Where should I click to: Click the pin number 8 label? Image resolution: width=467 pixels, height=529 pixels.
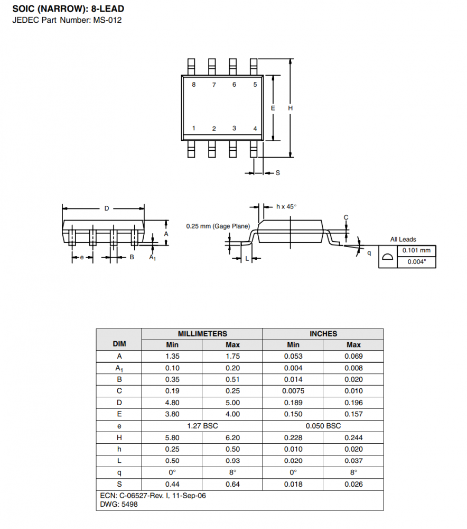tap(194, 84)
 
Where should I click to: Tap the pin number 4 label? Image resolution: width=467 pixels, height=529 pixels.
tap(255, 129)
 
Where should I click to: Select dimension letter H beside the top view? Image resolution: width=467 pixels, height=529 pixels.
tap(291, 108)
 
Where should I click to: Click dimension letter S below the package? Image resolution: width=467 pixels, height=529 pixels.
tap(278, 173)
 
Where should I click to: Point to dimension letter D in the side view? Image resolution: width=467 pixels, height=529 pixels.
tap(107, 208)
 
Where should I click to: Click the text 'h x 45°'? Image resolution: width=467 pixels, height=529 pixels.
tap(286, 206)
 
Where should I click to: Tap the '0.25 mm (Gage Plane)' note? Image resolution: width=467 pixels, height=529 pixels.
tap(218, 226)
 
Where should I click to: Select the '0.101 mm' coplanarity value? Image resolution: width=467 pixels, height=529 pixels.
tap(416, 250)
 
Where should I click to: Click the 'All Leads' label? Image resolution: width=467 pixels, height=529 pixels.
tap(403, 239)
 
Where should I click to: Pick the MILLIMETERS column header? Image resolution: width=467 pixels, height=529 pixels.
tap(202, 334)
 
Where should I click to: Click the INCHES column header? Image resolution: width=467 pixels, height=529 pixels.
tap(323, 334)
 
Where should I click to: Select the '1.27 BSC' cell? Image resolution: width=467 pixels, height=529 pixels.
tap(202, 426)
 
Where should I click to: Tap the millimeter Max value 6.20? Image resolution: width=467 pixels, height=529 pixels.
tap(232, 437)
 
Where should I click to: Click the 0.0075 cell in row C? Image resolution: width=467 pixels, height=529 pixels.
tap(293, 391)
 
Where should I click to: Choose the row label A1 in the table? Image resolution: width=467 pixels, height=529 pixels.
tap(119, 368)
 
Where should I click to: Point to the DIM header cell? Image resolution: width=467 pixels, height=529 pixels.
tap(119, 344)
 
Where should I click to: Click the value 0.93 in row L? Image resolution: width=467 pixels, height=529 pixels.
tap(232, 461)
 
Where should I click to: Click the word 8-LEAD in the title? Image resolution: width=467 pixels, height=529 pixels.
tap(107, 9)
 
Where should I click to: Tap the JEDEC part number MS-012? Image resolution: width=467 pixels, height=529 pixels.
tap(107, 20)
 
